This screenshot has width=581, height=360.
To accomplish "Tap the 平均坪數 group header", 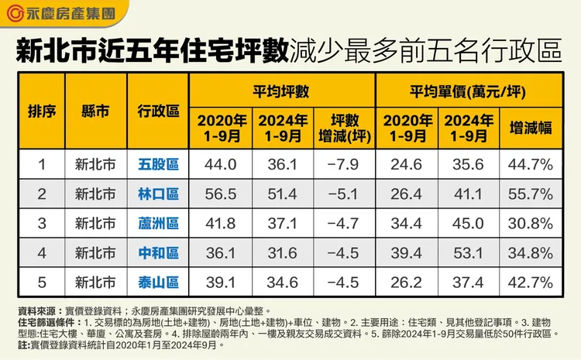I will point(281,91).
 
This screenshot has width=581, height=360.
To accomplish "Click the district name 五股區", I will point(158,164).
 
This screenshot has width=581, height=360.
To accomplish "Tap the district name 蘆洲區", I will point(158,223).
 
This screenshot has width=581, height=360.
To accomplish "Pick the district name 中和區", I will point(158,252).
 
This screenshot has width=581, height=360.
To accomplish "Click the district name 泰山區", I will point(158,282).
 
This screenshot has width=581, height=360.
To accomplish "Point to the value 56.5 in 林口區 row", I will point(222,194).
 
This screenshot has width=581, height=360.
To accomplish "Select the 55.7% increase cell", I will point(531,194).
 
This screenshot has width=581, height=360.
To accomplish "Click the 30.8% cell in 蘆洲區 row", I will point(531,223).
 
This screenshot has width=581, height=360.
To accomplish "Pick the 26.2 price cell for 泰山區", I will point(407,282).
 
